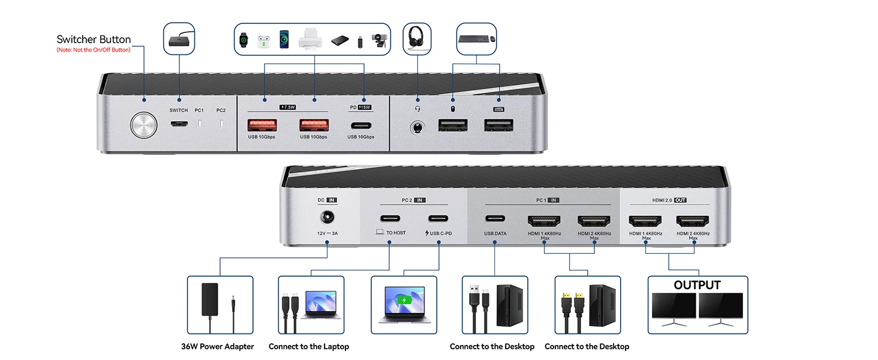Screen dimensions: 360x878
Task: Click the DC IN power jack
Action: [327, 220]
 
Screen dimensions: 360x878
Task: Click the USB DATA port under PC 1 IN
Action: [495, 219]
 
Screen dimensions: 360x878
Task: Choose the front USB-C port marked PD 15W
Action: [360, 126]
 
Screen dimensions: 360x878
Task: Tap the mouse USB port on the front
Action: [453, 125]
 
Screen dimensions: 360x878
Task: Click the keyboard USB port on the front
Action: [499, 125]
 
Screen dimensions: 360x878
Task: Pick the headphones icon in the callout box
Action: [417, 39]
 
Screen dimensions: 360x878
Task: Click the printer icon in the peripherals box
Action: [311, 39]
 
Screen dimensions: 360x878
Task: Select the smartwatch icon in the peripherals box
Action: [243, 40]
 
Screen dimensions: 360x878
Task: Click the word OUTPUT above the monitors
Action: [697, 285]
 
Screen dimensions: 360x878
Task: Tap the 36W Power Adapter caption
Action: [218, 346]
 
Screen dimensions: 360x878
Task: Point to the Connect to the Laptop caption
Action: [309, 346]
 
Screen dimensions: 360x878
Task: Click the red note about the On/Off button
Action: [93, 50]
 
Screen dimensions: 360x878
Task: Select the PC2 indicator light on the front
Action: [221, 124]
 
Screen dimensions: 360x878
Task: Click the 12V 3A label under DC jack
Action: [327, 233]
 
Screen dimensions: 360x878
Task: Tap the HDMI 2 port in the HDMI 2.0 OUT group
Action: [693, 221]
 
